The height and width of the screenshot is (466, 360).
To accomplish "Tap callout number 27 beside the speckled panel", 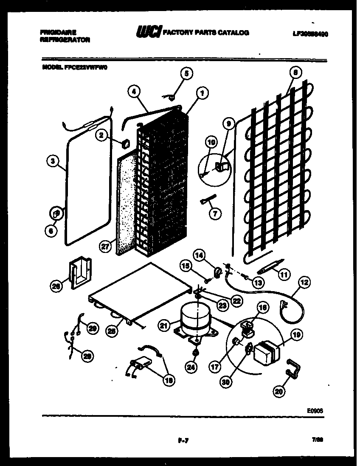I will pos(105,246).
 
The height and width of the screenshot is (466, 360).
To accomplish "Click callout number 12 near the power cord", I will pos(304,282).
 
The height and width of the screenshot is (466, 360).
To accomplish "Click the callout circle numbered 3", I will pos(52,161).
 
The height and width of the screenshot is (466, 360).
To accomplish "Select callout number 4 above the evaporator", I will pos(134,91).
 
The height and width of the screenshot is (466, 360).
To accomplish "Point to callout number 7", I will pos(215,213).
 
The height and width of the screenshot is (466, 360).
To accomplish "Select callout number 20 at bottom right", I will pos(278,392).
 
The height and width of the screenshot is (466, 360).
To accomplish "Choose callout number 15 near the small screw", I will pos(185,266).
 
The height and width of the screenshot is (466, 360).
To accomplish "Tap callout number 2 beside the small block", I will pos(101,135).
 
